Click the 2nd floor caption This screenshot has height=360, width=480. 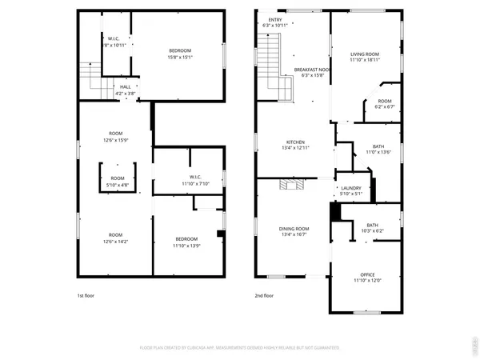pos(265,295)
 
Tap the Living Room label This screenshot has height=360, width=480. pos(364,54)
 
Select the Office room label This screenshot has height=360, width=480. pos(367,274)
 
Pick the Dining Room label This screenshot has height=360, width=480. pos(294,230)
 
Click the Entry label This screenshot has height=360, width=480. pos(275,20)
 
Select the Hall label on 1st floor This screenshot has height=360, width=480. pos(126,87)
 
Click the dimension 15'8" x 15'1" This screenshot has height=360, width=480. pos(180,57)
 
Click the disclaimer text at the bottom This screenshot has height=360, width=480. pos(239,348)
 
